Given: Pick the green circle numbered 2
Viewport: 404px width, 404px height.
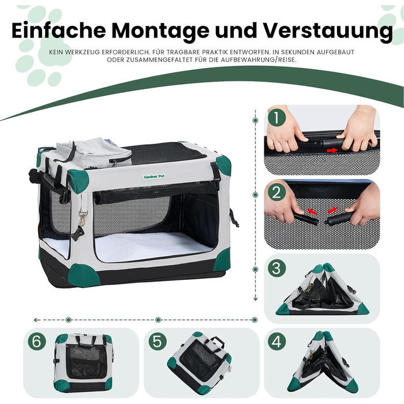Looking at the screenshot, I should [x=277, y=192].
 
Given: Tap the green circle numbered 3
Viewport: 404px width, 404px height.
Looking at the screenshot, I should [x=277, y=267].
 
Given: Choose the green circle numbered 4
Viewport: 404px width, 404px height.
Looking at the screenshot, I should [x=277, y=341].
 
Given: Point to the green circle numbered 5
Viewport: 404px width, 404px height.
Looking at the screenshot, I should [x=156, y=341].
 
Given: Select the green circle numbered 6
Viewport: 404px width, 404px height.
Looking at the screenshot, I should [x=36, y=341].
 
